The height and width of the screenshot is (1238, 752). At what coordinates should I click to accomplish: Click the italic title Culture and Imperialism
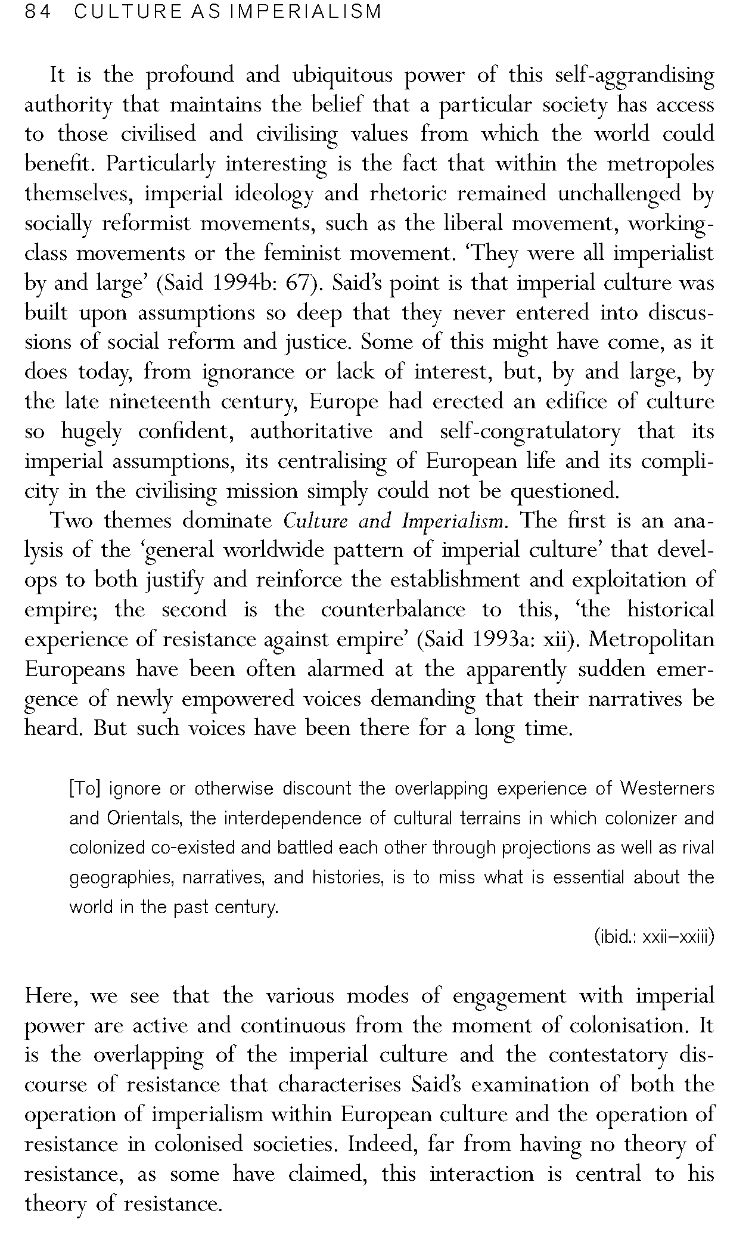click(394, 521)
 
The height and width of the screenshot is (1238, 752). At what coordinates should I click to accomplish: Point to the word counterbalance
click(393, 610)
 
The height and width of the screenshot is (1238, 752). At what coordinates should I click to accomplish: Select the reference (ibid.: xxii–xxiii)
click(654, 937)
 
